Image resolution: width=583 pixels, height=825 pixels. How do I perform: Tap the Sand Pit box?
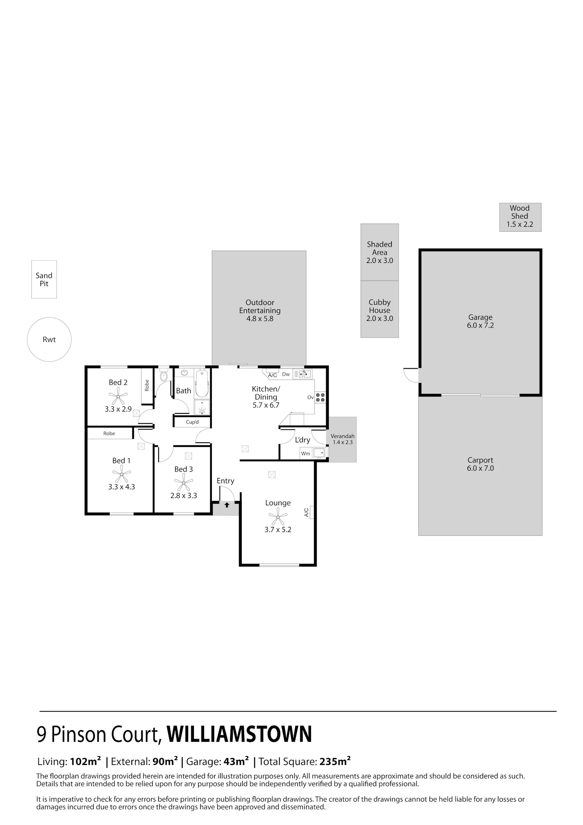(44, 279)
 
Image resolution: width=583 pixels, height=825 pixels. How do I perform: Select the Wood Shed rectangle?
(520, 217)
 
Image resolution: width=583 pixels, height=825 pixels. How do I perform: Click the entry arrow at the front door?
(227, 505)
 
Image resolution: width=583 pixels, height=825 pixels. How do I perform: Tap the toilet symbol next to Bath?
(164, 375)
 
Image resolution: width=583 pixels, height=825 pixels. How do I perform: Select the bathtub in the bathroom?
(202, 383)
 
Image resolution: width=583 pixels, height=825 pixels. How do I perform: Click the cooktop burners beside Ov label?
(320, 398)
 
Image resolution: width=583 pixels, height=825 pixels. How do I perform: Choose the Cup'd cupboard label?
(192, 422)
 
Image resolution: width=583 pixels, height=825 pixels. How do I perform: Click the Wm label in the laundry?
(305, 454)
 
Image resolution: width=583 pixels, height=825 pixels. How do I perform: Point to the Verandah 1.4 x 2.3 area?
(342, 440)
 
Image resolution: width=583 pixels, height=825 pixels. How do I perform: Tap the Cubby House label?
(380, 306)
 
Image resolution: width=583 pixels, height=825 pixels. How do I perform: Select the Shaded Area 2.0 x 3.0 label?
(380, 252)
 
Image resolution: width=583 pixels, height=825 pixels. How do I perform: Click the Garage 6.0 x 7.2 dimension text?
(480, 326)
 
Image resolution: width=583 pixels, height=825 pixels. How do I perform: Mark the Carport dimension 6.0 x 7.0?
(480, 468)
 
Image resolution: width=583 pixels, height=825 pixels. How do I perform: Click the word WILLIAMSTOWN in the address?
(239, 734)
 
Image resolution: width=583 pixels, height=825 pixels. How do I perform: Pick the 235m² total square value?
(335, 761)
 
